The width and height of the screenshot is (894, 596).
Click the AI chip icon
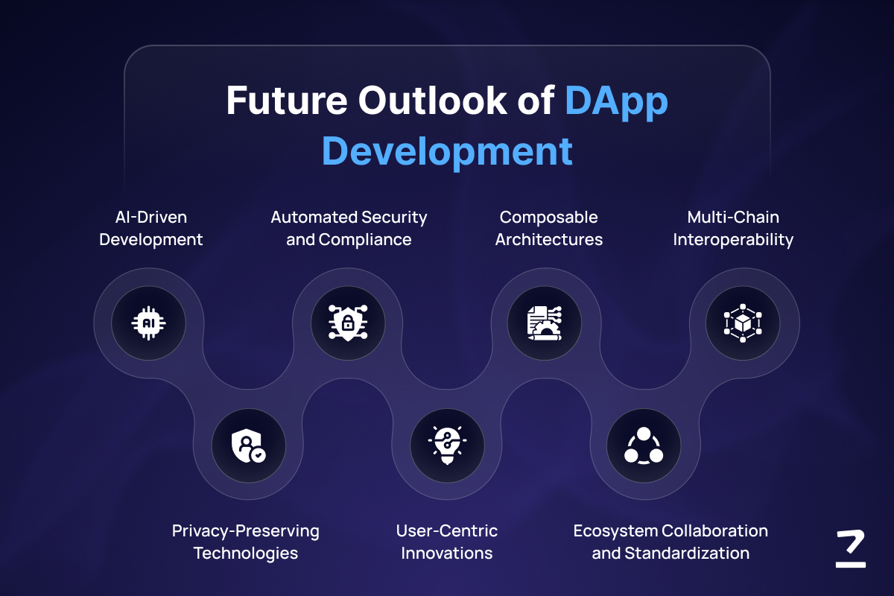point(148,323)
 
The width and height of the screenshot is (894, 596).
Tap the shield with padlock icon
point(348,323)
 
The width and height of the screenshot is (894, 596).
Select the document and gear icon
point(545,323)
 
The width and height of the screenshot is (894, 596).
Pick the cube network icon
point(743,323)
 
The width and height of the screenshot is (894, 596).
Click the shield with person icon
point(248,446)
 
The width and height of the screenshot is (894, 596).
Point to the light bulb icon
point(447,445)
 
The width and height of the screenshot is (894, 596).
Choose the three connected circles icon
point(644,446)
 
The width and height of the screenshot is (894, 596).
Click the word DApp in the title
point(616,101)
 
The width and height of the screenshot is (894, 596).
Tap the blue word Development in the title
point(447,152)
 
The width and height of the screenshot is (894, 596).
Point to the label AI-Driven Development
point(150,228)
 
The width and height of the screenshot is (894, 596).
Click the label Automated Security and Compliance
point(349,228)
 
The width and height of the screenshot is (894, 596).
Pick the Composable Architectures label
point(549,228)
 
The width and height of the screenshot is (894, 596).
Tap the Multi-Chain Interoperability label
point(733,229)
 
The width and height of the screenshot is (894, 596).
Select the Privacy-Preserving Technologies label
point(245,542)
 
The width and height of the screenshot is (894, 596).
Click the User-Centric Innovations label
point(446,542)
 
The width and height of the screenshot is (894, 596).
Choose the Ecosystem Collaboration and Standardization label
point(670,542)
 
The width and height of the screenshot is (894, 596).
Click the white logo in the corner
point(851,548)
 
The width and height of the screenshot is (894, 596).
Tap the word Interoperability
point(733,240)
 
